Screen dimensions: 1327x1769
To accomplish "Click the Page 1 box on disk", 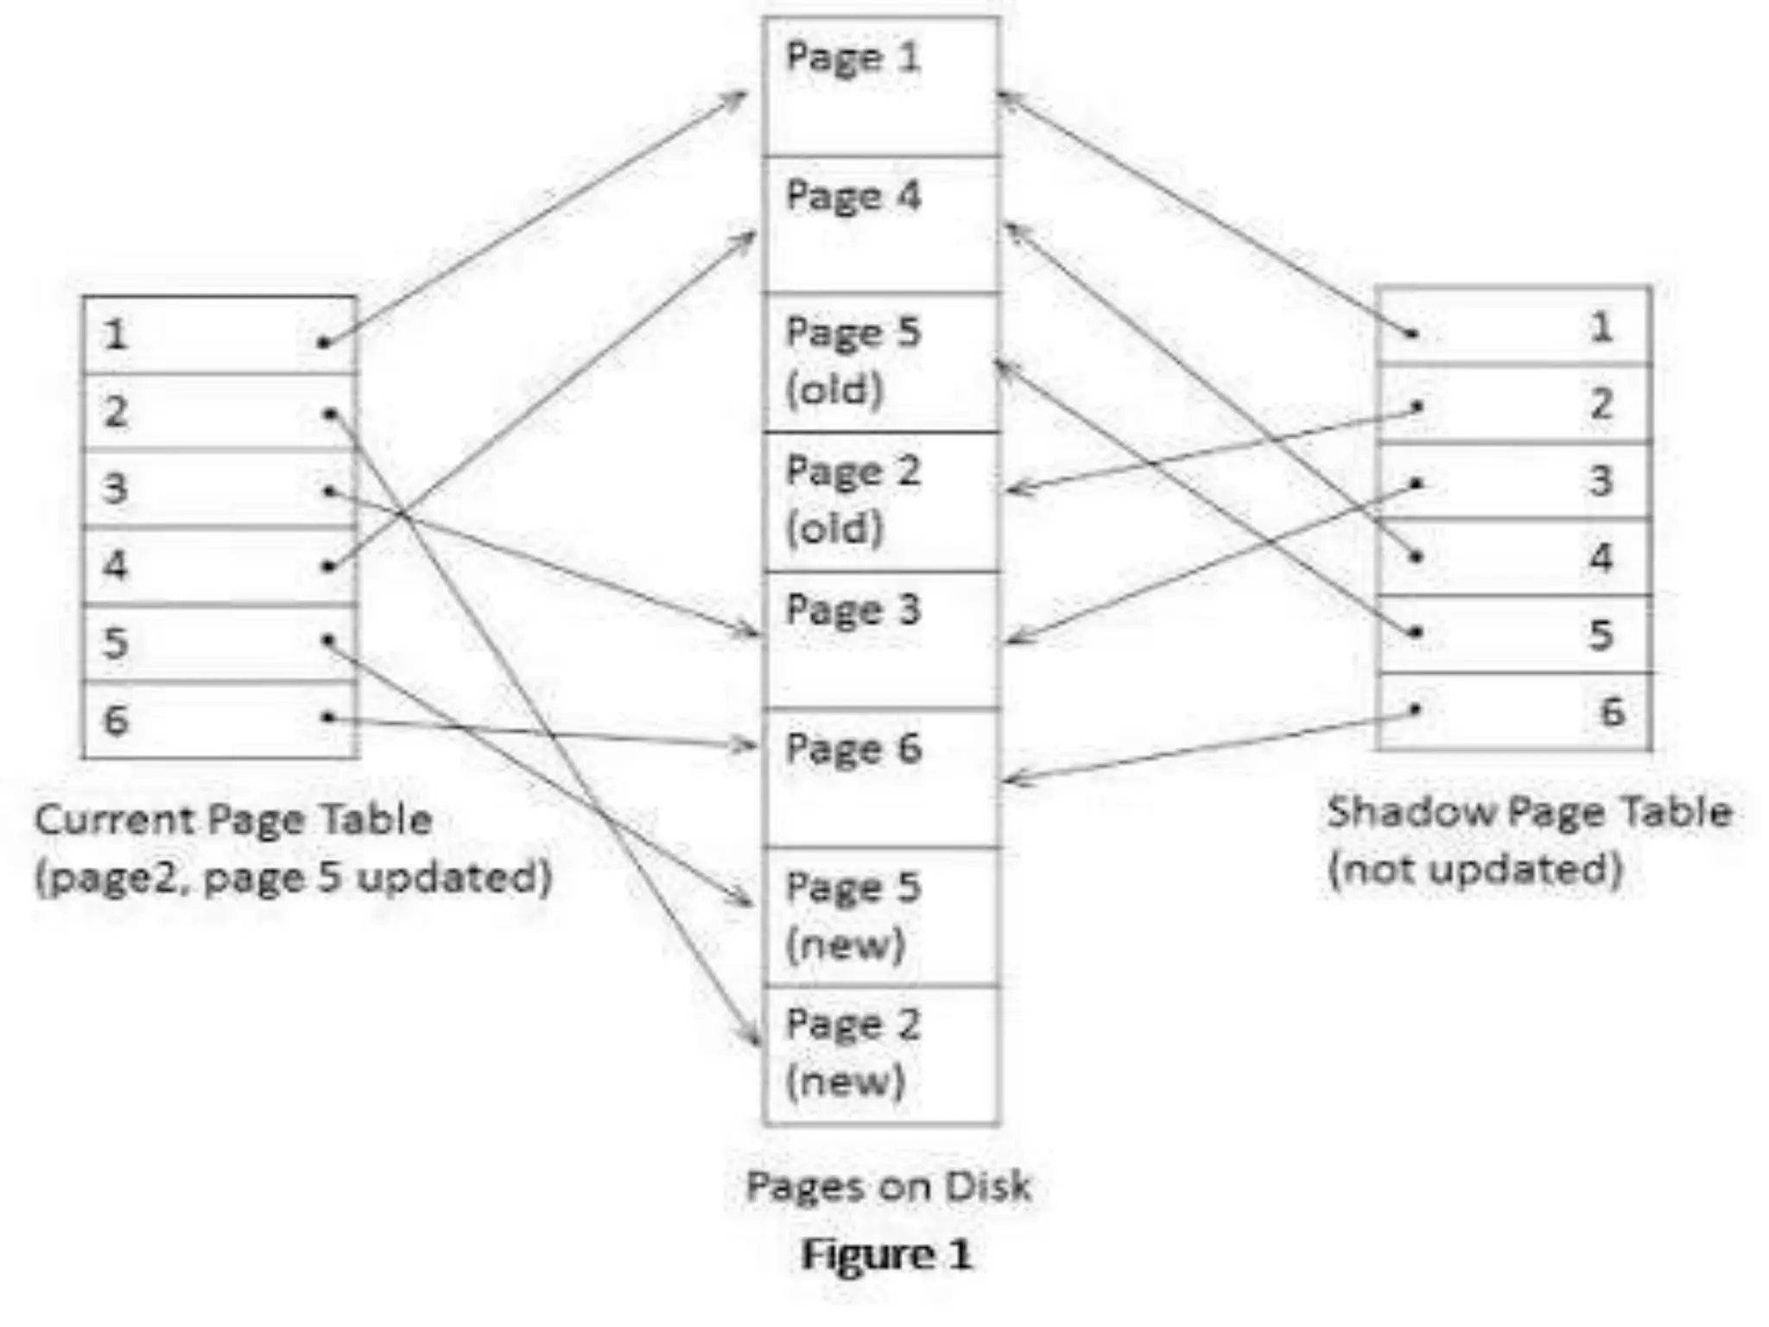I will (x=881, y=86).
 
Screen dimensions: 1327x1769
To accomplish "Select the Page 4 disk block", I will (x=881, y=225).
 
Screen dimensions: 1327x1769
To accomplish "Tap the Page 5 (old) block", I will (x=881, y=362).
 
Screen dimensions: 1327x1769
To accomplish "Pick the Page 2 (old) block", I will (x=881, y=501).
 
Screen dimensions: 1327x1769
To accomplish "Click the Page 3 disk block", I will (x=881, y=639).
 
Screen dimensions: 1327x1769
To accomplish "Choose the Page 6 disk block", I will (x=881, y=778).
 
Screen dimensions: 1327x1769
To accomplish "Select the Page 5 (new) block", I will (x=881, y=916).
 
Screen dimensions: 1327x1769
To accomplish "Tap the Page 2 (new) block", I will (x=881, y=1055).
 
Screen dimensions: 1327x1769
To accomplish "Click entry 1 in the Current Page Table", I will (x=219, y=335).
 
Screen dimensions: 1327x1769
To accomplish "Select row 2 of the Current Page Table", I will (x=219, y=411).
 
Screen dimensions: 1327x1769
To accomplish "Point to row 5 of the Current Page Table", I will (x=219, y=643).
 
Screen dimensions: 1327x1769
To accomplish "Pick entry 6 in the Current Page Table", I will (x=219, y=720).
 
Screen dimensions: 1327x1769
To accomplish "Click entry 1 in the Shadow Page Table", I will (x=1513, y=327).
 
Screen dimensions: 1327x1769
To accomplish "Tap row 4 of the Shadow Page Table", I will (x=1513, y=557).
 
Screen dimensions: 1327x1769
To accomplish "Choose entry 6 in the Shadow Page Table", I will (x=1513, y=712).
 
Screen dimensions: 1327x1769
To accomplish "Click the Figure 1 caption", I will (x=886, y=1254).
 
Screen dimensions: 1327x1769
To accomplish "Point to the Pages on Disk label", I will (x=888, y=1186).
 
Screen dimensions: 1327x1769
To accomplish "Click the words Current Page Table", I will (x=233, y=819).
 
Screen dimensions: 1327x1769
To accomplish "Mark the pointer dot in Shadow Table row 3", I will (x=1417, y=483).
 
